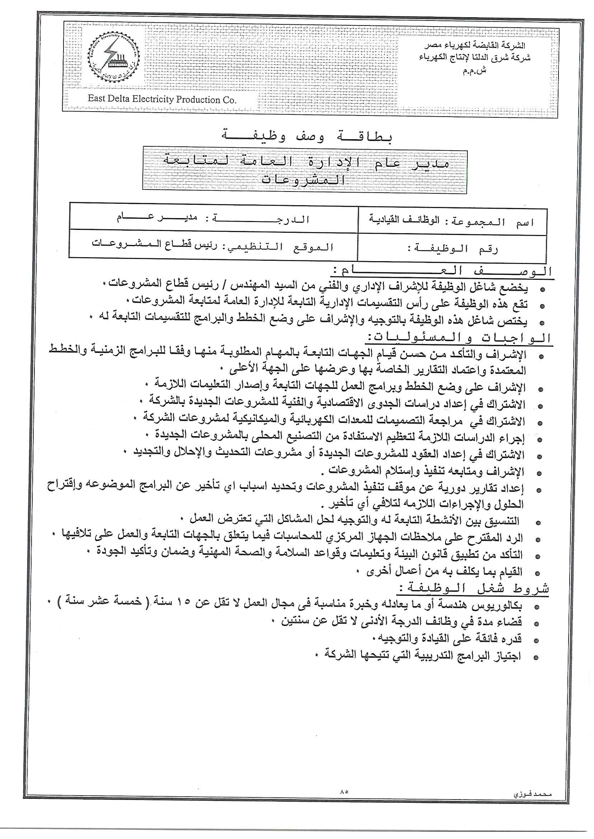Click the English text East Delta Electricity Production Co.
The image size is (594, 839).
162,99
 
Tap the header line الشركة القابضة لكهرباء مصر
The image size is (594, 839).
475,46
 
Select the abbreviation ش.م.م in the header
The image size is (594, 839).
475,71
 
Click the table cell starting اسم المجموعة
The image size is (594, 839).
452,222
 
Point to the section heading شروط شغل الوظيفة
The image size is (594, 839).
473,589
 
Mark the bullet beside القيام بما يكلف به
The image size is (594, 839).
537,573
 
